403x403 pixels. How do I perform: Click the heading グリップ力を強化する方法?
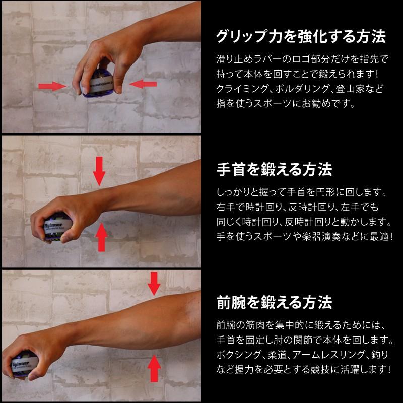pos(300,37)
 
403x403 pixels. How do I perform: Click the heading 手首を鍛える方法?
pos(274,169)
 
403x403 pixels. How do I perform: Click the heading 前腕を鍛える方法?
pos(274,303)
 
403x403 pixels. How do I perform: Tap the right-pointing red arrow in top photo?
pos(53,87)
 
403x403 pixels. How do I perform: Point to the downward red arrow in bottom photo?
pos(153,284)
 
